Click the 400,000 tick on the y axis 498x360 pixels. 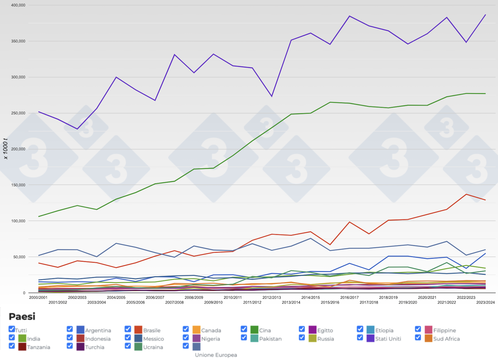click(18, 5)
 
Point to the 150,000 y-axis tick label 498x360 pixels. click(18, 185)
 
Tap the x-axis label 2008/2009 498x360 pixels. click(194, 297)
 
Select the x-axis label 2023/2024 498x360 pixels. click(486, 302)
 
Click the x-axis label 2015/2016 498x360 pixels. click(330, 302)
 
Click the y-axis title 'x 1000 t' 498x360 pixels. click(5, 149)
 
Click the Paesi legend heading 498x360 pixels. click(22, 317)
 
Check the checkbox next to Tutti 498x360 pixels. click(12, 329)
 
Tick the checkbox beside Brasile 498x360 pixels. click(128, 329)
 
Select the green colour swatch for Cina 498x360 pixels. click(254, 330)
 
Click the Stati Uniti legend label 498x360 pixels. click(388, 339)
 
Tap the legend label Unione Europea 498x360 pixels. click(216, 355)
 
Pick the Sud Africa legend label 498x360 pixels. click(446, 339)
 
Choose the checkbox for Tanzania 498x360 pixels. click(12, 345)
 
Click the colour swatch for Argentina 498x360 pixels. click(80, 330)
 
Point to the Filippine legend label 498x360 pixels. click(445, 330)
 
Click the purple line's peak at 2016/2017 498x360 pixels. click(350, 16)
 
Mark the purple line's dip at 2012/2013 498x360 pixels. click(272, 96)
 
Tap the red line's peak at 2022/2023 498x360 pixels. click(466, 194)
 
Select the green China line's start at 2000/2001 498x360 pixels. click(38, 216)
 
